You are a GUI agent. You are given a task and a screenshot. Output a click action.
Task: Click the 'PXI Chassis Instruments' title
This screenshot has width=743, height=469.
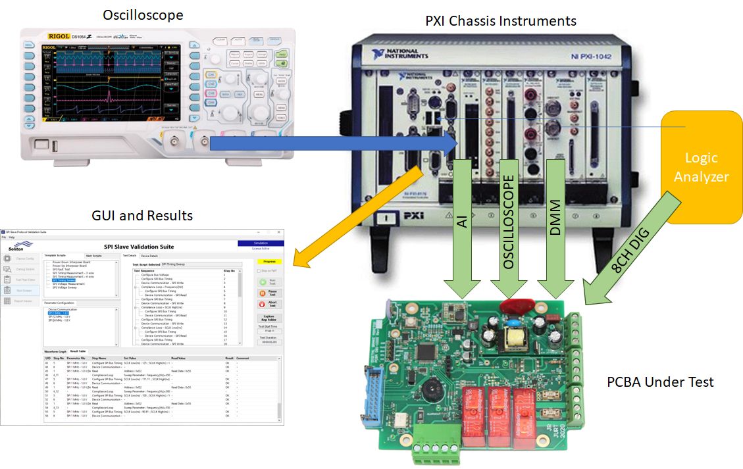tap(500, 21)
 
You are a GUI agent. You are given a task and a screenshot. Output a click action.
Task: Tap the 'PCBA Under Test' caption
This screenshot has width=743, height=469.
tap(661, 382)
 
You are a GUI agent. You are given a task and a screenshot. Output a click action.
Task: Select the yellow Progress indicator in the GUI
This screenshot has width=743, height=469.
tap(269, 261)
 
